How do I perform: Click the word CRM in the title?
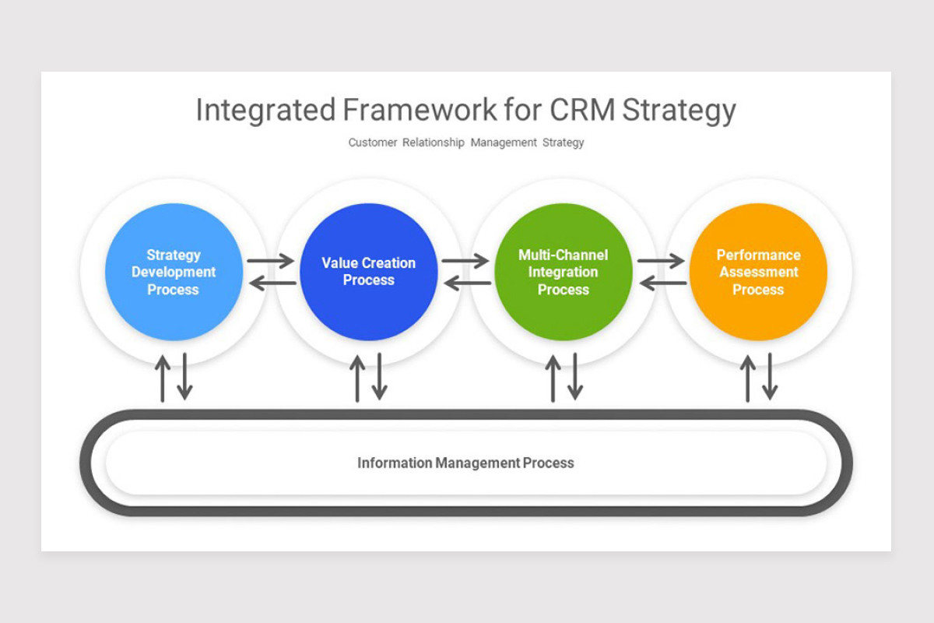(x=582, y=110)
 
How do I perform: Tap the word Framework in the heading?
(x=420, y=110)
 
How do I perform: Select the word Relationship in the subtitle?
(x=434, y=143)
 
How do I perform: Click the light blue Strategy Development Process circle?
(x=174, y=272)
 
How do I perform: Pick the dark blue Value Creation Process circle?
(x=369, y=272)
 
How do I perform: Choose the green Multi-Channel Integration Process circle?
(x=564, y=272)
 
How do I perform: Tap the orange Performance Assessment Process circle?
(x=758, y=272)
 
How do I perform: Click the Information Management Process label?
(x=465, y=463)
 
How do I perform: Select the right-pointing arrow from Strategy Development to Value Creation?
(x=271, y=261)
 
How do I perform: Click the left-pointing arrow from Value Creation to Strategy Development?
(x=272, y=283)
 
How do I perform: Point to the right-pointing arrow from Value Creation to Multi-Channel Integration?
(x=465, y=261)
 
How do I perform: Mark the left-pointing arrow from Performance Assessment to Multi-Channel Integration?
(x=663, y=283)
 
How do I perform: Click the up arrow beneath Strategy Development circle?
(x=163, y=378)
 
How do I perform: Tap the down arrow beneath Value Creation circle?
(x=380, y=376)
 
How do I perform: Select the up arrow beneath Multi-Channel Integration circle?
(x=553, y=378)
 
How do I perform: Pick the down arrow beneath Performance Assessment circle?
(x=770, y=376)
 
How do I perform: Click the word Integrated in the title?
(x=265, y=111)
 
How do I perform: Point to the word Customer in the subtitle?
(x=373, y=143)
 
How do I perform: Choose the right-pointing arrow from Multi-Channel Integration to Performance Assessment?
(x=661, y=261)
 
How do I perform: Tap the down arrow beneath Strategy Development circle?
(x=184, y=376)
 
